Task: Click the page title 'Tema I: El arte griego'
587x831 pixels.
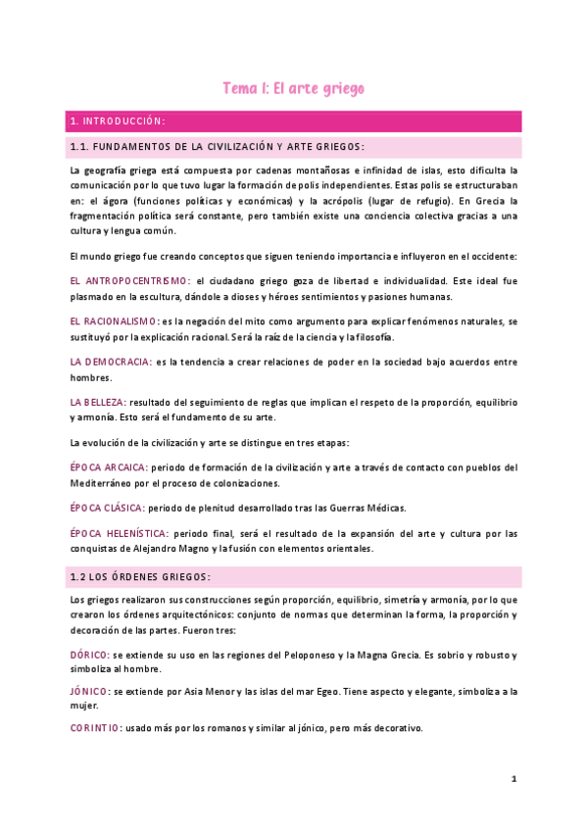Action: (x=293, y=88)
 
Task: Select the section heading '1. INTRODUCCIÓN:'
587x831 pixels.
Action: (x=117, y=122)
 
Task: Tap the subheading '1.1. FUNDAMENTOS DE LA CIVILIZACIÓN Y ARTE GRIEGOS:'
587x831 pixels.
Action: (x=218, y=147)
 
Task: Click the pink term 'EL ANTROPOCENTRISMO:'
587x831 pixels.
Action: (x=130, y=280)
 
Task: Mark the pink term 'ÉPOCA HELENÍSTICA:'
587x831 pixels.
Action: (x=119, y=533)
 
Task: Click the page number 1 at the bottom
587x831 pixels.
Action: (x=513, y=779)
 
